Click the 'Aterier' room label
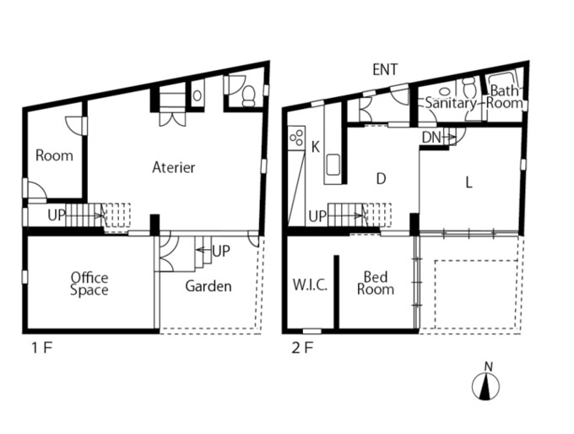point(174,167)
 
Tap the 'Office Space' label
point(89,284)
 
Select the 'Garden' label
point(208,286)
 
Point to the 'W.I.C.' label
point(310,285)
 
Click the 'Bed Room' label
point(376,283)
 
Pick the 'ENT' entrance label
point(385,69)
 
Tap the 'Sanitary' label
point(451,103)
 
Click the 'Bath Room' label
point(504,96)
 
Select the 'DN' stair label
point(431,138)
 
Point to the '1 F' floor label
point(42,348)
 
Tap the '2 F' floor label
point(302,348)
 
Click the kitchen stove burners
point(296,137)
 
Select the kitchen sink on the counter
point(333,165)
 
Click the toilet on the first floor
point(250,95)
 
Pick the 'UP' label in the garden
point(221,251)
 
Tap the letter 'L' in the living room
point(468,182)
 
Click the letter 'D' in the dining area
point(381,179)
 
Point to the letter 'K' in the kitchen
point(315,147)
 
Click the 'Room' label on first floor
point(54,155)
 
